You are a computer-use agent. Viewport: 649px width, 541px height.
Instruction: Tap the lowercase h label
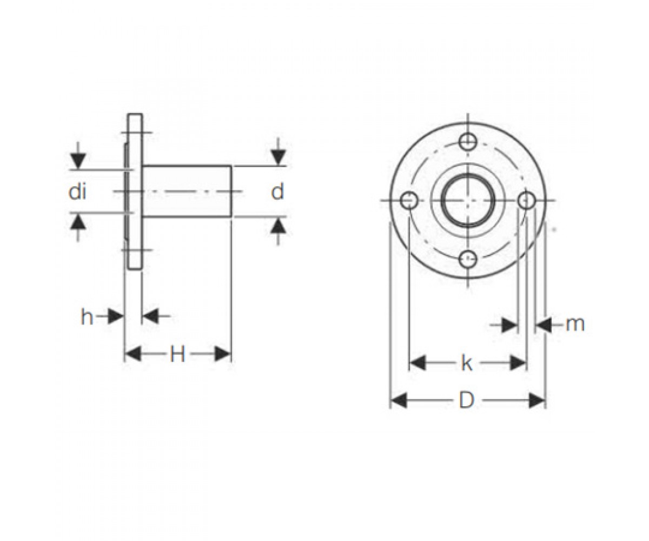(x=87, y=317)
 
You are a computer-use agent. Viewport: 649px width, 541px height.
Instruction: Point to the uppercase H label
(x=177, y=354)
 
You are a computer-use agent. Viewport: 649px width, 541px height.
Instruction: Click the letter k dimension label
(x=467, y=362)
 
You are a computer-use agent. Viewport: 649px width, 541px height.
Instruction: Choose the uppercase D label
(x=467, y=400)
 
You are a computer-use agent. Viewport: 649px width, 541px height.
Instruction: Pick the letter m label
(x=575, y=325)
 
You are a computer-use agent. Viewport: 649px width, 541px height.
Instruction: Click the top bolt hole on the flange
(x=468, y=142)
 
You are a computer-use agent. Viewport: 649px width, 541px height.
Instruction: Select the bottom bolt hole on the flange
(x=468, y=259)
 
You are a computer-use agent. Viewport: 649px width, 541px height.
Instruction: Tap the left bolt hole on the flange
(x=409, y=201)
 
